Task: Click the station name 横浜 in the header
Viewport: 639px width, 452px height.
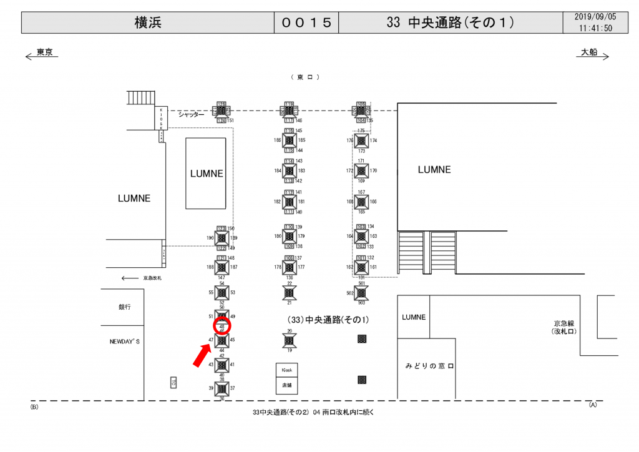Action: (x=147, y=22)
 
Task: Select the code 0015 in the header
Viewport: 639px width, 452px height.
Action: (x=306, y=22)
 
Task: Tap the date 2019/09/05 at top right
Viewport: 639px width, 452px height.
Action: (x=595, y=17)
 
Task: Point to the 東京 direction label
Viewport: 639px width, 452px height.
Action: (x=44, y=52)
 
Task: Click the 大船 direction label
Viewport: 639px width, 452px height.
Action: (x=589, y=52)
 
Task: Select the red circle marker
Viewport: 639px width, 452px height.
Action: (x=222, y=325)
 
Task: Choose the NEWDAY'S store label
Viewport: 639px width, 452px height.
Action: (x=125, y=341)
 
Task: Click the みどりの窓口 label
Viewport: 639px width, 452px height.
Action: (x=428, y=366)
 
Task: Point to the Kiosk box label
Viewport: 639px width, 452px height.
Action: (x=287, y=370)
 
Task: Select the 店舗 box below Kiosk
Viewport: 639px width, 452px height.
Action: (x=287, y=385)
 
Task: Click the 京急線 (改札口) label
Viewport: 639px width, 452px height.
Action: (x=567, y=327)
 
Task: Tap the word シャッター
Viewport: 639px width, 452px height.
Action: (x=191, y=114)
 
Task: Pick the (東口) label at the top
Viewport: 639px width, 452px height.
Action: (x=305, y=77)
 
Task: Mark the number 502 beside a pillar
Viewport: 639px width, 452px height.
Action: (x=350, y=292)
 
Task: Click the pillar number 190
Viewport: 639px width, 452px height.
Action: (x=210, y=238)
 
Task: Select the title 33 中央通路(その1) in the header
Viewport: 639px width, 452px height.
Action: (x=450, y=22)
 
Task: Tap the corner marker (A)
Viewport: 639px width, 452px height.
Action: (x=593, y=405)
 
